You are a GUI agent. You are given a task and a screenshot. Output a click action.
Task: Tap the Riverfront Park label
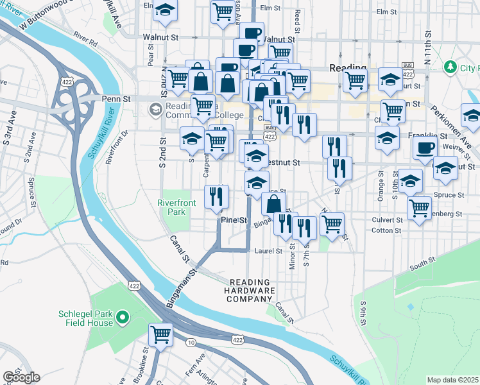coord(176,208)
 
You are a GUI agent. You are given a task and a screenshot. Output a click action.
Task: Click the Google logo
coord(21,377)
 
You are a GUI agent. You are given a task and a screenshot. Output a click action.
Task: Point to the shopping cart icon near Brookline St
coord(160,334)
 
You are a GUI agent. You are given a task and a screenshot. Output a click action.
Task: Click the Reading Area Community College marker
coord(155,110)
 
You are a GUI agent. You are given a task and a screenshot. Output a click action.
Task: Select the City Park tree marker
coord(451,67)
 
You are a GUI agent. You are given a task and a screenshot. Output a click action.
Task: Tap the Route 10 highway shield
coord(191,343)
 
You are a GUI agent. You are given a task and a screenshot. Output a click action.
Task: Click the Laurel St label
coord(268,251)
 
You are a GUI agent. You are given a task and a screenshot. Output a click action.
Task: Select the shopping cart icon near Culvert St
coord(419,207)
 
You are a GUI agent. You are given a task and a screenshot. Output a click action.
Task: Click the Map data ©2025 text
coord(453,380)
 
